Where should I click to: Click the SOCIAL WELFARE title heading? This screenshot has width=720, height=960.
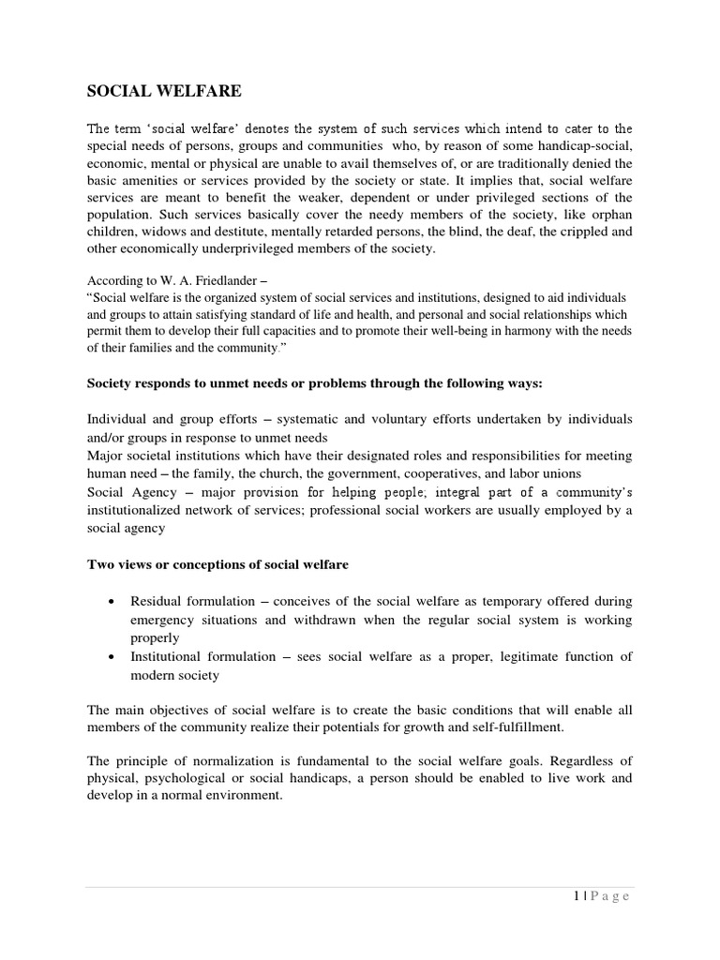[x=164, y=91]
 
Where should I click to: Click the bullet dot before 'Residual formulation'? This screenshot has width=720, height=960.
[x=112, y=601]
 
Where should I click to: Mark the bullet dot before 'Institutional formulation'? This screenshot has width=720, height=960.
[x=112, y=656]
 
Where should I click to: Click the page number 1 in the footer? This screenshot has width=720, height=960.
[x=574, y=896]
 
